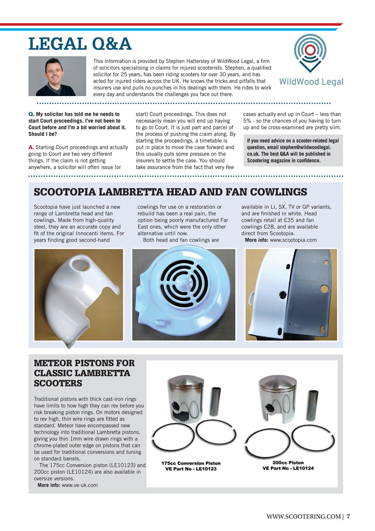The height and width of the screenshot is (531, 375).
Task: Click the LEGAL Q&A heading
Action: (80, 44)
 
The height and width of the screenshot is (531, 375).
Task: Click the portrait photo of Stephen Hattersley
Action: (57, 76)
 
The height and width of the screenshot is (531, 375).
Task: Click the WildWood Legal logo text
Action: (311, 82)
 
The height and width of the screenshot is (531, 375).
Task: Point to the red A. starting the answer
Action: (31, 147)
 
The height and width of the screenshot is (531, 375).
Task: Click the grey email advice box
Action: (293, 151)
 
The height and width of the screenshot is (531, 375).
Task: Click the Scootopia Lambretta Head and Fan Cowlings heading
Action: (170, 192)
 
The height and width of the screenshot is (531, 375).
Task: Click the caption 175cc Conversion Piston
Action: (191, 463)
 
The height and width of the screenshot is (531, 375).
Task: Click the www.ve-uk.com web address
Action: (80, 485)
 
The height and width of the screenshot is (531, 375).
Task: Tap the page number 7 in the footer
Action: (348, 516)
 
